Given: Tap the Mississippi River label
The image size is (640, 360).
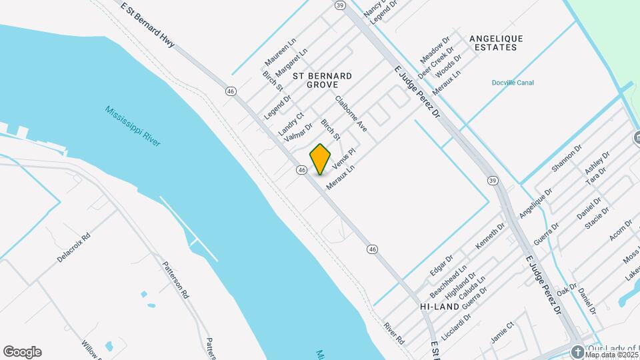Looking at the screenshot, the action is (133, 127).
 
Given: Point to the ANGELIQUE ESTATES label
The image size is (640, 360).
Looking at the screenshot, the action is (496, 43).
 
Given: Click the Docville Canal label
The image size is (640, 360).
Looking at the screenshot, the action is (512, 83).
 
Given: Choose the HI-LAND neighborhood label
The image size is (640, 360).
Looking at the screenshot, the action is (439, 306).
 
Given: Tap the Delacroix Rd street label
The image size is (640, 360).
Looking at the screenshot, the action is (73, 247).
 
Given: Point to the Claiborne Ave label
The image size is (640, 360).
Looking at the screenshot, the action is (351, 113).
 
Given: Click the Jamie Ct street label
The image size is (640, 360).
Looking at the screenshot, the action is (502, 332).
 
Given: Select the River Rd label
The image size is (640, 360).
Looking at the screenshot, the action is (394, 333).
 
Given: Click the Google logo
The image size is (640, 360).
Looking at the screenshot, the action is (22, 352).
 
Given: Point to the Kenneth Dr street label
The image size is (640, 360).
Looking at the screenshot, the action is (490, 238).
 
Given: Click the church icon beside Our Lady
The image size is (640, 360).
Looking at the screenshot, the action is (577, 351).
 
